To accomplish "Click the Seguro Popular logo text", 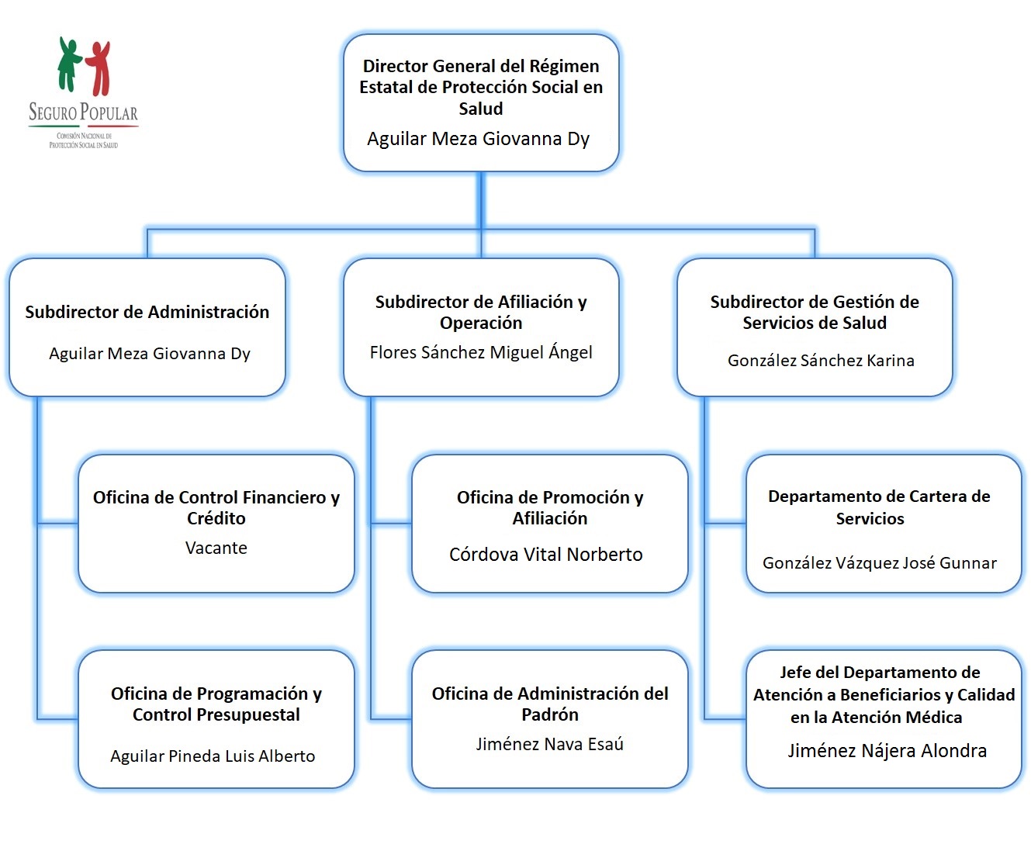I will point(83,112).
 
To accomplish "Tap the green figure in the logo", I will point(68,64).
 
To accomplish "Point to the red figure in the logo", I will point(99,67).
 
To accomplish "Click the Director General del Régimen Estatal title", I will point(481,87).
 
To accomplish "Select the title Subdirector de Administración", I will point(147,312).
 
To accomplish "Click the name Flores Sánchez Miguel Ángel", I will point(481,352).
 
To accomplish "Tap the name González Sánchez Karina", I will point(821,360).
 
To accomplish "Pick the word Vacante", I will point(216,548).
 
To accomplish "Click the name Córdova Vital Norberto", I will point(546,554).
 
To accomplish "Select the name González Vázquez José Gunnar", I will point(880,562).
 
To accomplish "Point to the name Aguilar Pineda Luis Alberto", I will point(213,756).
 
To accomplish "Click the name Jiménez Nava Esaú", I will point(550,744).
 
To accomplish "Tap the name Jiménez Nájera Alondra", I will point(887,750).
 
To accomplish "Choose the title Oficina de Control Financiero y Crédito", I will point(216,507).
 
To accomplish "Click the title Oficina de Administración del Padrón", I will point(550,704).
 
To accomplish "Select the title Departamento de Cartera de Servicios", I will point(879,507).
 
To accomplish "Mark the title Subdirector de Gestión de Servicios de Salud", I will point(815,312).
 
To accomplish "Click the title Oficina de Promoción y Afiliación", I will point(550,507).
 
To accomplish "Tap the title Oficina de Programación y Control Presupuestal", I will point(216,704).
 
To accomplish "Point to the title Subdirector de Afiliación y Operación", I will point(481,312).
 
